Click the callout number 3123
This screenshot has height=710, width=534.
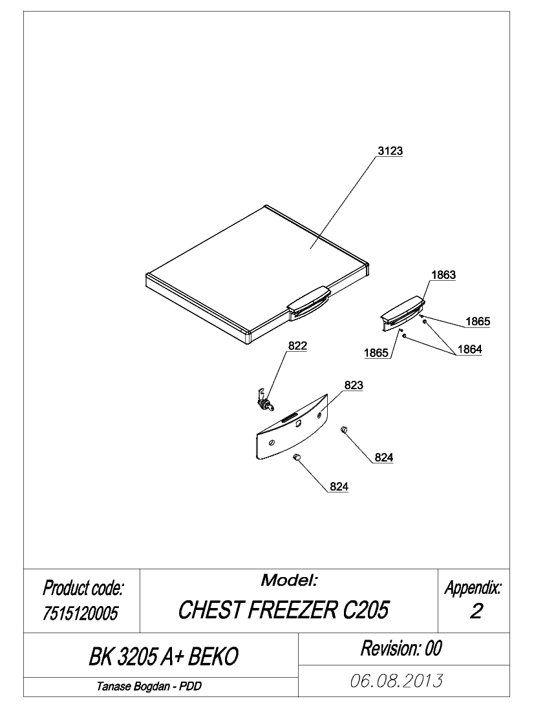click(x=390, y=151)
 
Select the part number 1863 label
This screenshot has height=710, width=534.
click(x=443, y=275)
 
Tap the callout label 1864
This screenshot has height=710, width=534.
click(x=469, y=349)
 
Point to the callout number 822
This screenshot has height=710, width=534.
click(x=297, y=345)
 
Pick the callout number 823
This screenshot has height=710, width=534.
click(x=354, y=385)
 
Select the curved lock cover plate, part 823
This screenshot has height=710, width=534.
click(x=292, y=427)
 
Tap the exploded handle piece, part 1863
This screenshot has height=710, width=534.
click(x=403, y=312)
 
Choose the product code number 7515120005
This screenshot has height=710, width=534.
click(x=80, y=614)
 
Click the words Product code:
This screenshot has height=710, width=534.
click(x=83, y=588)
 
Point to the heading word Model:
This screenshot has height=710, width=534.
click(x=290, y=580)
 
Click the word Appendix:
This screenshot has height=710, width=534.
click(x=473, y=588)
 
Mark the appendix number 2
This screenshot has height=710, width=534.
click(x=476, y=611)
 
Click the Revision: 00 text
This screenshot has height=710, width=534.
click(x=401, y=648)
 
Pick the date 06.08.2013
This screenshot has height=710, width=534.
click(x=396, y=680)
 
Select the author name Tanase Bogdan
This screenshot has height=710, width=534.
click(x=134, y=687)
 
